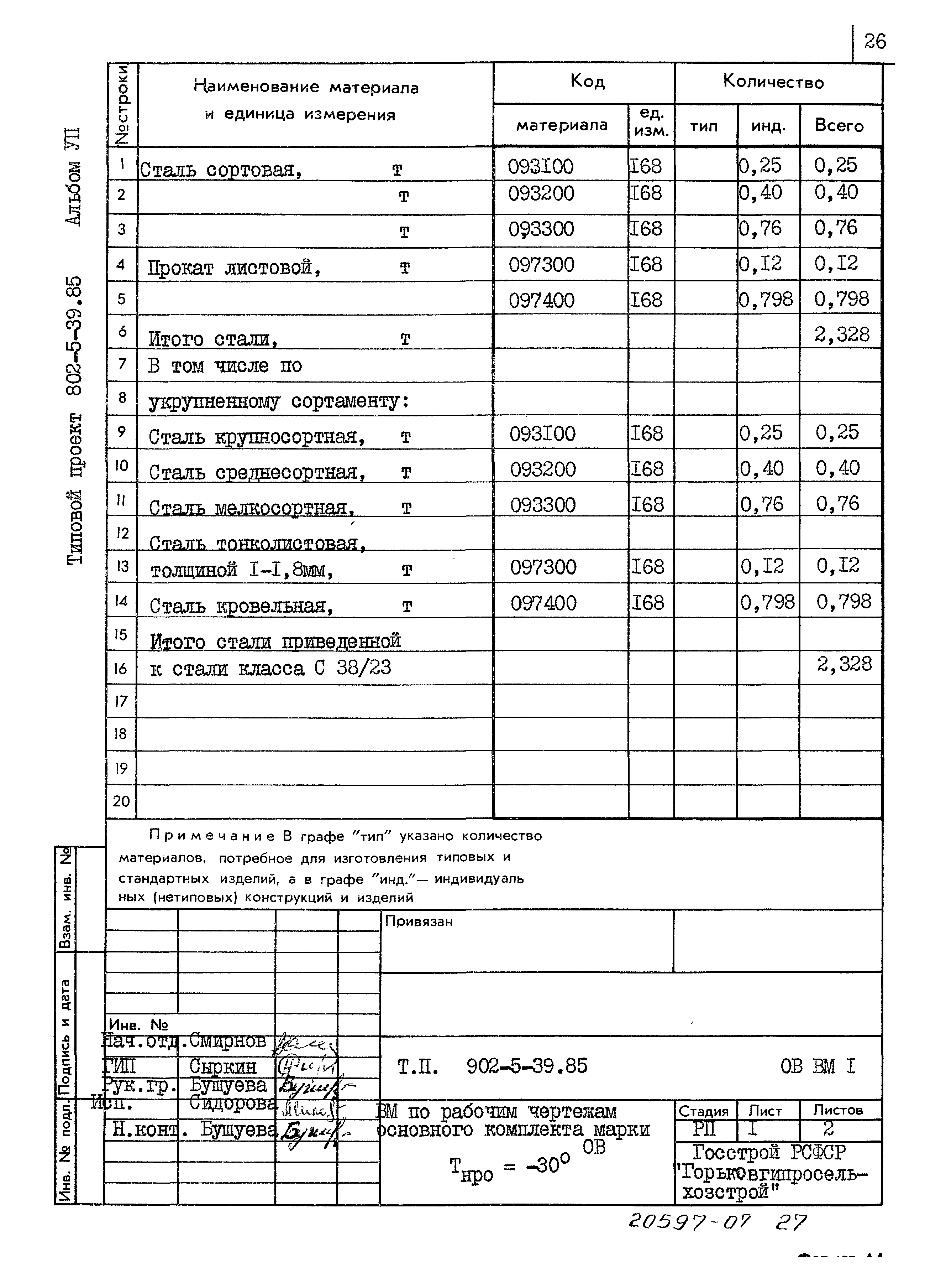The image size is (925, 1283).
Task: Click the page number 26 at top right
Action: click(875, 41)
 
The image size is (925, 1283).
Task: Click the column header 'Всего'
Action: click(839, 126)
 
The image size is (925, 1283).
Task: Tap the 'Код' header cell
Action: click(587, 82)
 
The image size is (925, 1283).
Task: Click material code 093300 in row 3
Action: click(541, 229)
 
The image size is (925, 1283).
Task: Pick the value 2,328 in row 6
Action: click(841, 334)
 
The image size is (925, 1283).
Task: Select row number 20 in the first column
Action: click(121, 801)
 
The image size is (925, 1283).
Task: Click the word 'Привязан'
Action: click(419, 921)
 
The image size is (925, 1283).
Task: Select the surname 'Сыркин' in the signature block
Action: click(223, 1067)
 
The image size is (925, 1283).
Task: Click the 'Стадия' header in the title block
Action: click(703, 1111)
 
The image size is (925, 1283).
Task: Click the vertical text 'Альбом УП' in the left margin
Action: click(74, 177)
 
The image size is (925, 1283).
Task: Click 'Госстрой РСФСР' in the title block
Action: click(769, 1152)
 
